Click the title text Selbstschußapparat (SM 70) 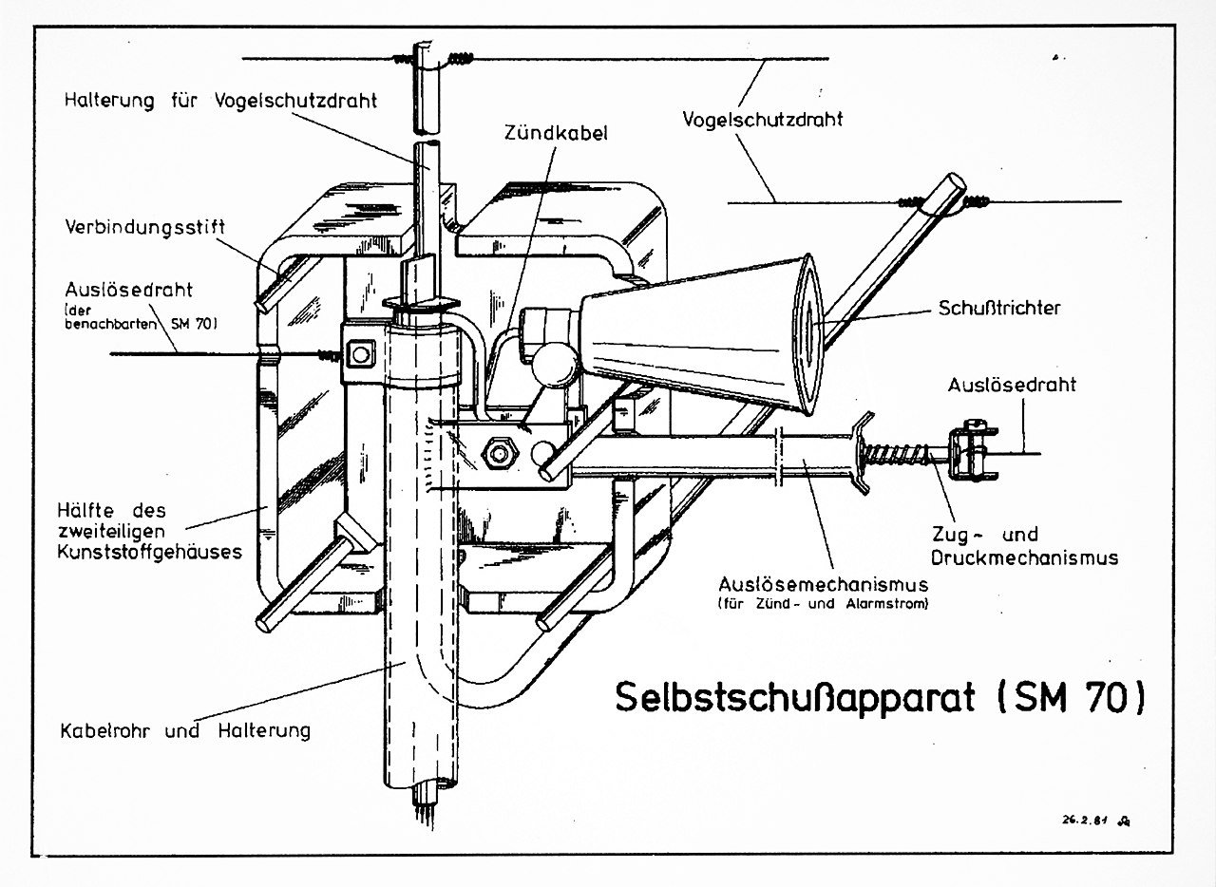(x=880, y=696)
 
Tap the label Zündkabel (x=556, y=133)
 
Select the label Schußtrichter (x=999, y=308)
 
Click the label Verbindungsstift (x=145, y=228)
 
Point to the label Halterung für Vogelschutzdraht (x=220, y=100)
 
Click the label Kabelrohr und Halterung (x=185, y=730)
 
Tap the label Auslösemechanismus (x=823, y=583)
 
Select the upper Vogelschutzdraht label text (x=763, y=120)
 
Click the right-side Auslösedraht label (x=1012, y=385)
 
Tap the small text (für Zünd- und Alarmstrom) (x=823, y=603)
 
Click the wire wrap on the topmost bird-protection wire (x=460, y=59)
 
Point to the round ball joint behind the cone (x=556, y=362)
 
